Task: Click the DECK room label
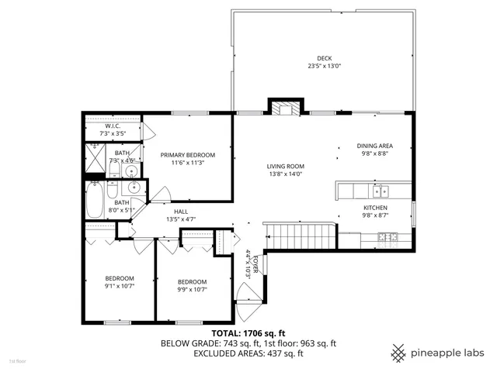click(x=324, y=58)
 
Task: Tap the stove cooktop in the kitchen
click(x=393, y=236)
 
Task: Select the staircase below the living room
click(x=299, y=236)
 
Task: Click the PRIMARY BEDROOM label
click(x=187, y=155)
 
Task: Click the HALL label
click(x=180, y=211)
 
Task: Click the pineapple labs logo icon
click(x=399, y=352)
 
